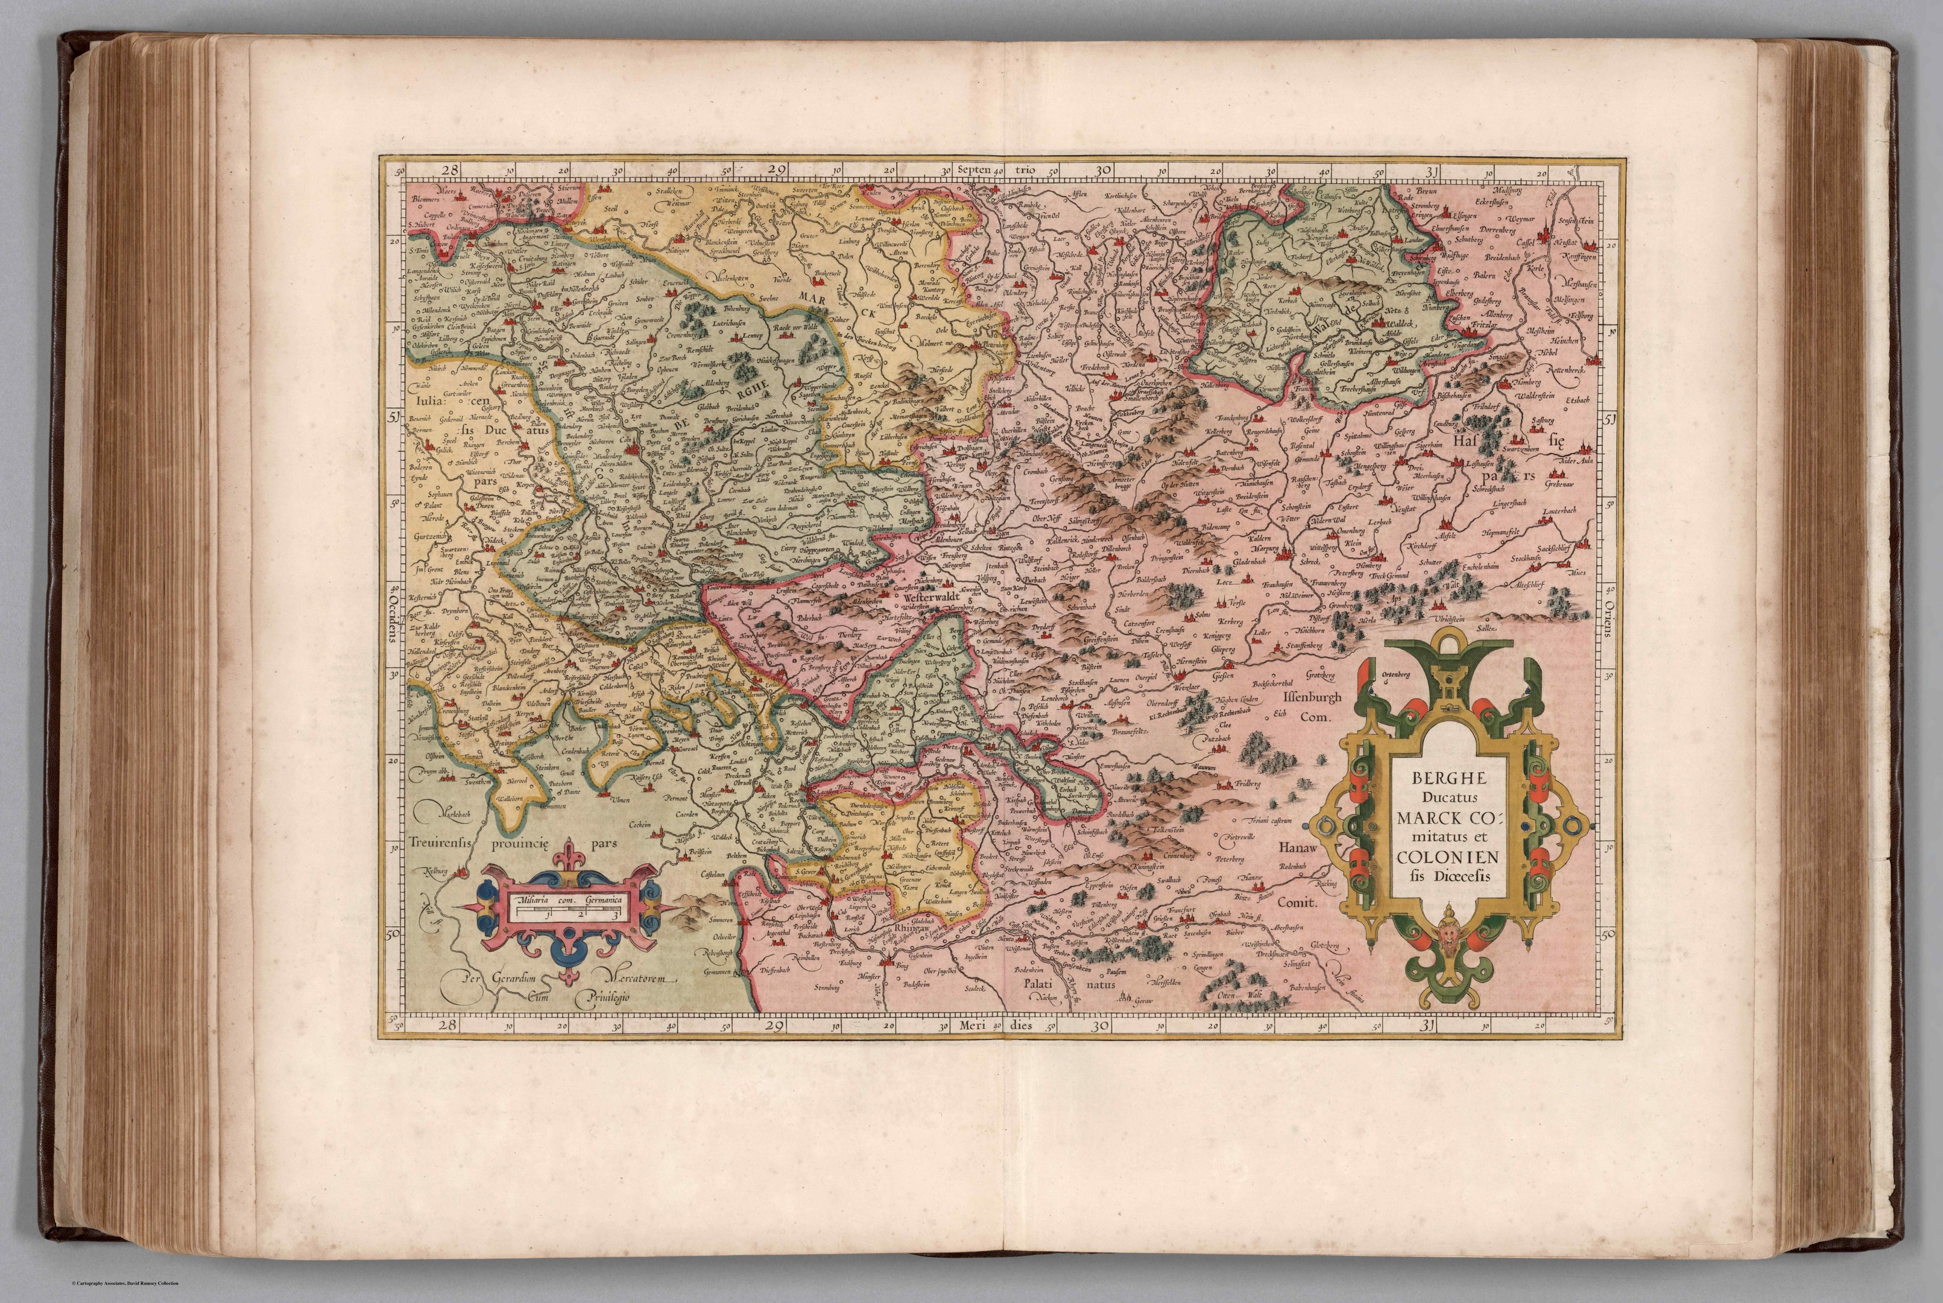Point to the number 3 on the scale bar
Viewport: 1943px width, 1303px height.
(x=614, y=913)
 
